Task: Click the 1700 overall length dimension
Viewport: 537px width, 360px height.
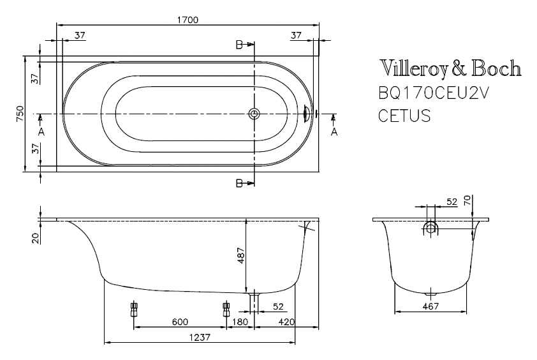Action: [188, 20]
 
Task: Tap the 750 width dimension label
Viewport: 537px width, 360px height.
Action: [20, 114]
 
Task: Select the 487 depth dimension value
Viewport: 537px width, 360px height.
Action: [241, 255]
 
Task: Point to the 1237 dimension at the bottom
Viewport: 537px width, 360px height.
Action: [200, 338]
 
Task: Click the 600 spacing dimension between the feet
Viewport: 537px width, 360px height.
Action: [180, 322]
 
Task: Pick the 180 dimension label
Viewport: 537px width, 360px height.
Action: [240, 322]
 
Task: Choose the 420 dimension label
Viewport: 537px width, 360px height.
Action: [286, 322]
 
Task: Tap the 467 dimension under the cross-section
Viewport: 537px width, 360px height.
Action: [430, 306]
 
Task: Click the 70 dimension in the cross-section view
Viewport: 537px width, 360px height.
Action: [467, 200]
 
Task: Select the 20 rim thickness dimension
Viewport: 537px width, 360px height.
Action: [35, 238]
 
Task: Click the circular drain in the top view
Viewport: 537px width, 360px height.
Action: [254, 114]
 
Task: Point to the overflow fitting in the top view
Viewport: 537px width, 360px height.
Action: [307, 114]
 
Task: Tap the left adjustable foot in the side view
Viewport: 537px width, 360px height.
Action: [134, 310]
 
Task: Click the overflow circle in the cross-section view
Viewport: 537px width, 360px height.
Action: [430, 227]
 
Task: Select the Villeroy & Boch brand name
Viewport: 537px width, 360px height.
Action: [450, 68]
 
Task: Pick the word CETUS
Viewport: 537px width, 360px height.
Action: [404, 116]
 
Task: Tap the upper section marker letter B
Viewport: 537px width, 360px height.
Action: [239, 45]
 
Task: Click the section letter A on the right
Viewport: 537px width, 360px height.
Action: [334, 131]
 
